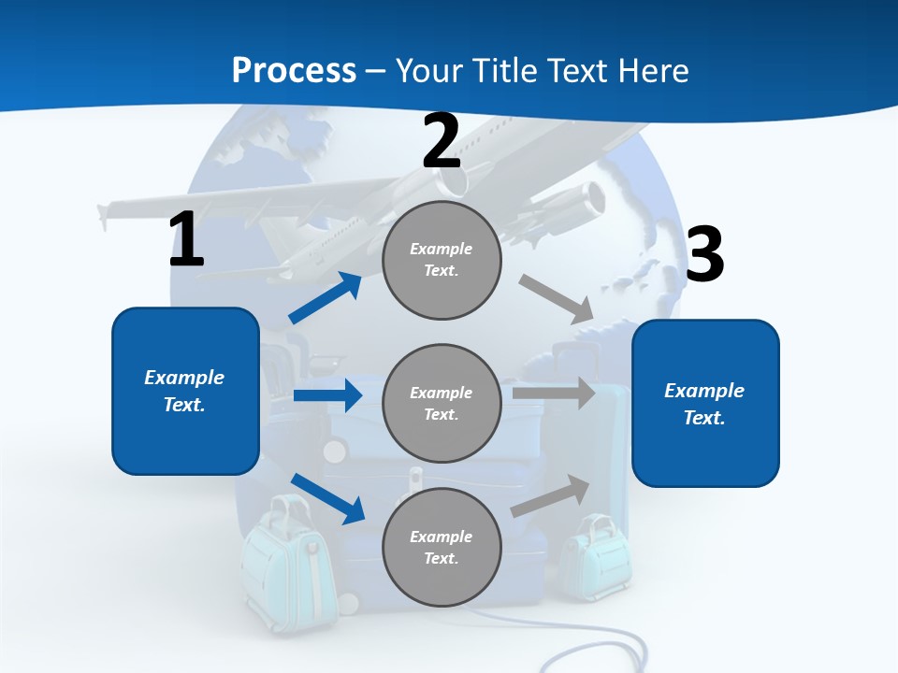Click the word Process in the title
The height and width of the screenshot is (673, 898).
click(x=294, y=70)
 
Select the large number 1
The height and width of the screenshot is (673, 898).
click(x=186, y=239)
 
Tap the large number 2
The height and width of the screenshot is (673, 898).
click(x=442, y=141)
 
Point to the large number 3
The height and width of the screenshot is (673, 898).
click(x=705, y=254)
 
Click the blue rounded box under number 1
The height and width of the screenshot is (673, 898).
click(x=185, y=391)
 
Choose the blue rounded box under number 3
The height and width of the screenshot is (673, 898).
click(x=705, y=404)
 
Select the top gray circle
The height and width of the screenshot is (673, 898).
click(x=442, y=260)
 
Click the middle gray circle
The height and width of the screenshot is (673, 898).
click(x=442, y=404)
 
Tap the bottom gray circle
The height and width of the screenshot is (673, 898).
click(x=442, y=548)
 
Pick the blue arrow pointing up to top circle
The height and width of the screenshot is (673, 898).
click(x=326, y=298)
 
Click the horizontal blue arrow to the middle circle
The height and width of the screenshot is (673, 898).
click(x=327, y=395)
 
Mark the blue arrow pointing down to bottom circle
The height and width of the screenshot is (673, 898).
click(x=327, y=497)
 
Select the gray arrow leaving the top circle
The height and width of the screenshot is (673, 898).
click(x=558, y=299)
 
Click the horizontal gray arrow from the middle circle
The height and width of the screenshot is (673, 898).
click(x=554, y=393)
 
